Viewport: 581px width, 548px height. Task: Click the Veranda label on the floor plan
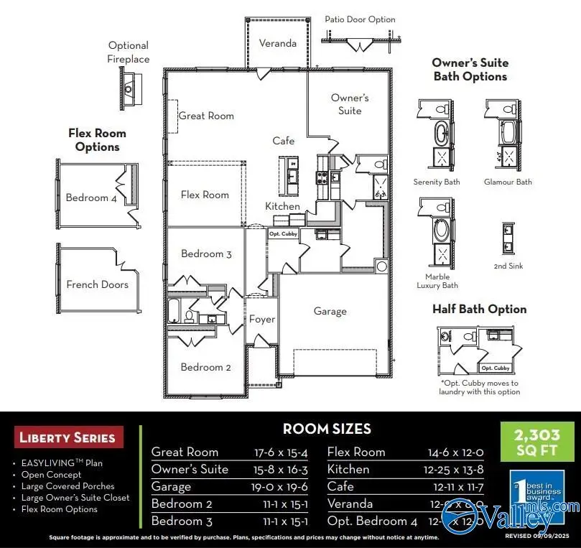(x=277, y=43)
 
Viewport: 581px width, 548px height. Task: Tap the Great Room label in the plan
(x=206, y=116)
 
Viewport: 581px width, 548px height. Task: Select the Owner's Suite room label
(x=350, y=104)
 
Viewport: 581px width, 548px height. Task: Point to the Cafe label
(x=284, y=141)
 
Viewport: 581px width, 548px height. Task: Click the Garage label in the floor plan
(x=330, y=311)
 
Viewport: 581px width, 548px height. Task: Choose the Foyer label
(x=261, y=319)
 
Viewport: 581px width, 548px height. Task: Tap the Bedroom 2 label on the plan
(x=206, y=367)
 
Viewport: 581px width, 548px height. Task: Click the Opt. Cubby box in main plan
(x=282, y=233)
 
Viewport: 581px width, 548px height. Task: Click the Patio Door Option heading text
(x=360, y=19)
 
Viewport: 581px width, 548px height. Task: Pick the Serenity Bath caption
(x=437, y=182)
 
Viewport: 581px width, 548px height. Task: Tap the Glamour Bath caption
(x=508, y=182)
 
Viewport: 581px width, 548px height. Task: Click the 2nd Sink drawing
(x=508, y=239)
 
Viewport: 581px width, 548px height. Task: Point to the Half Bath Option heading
(x=479, y=309)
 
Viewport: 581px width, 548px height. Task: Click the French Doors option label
(x=97, y=284)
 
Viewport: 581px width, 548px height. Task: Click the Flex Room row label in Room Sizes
(x=356, y=452)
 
